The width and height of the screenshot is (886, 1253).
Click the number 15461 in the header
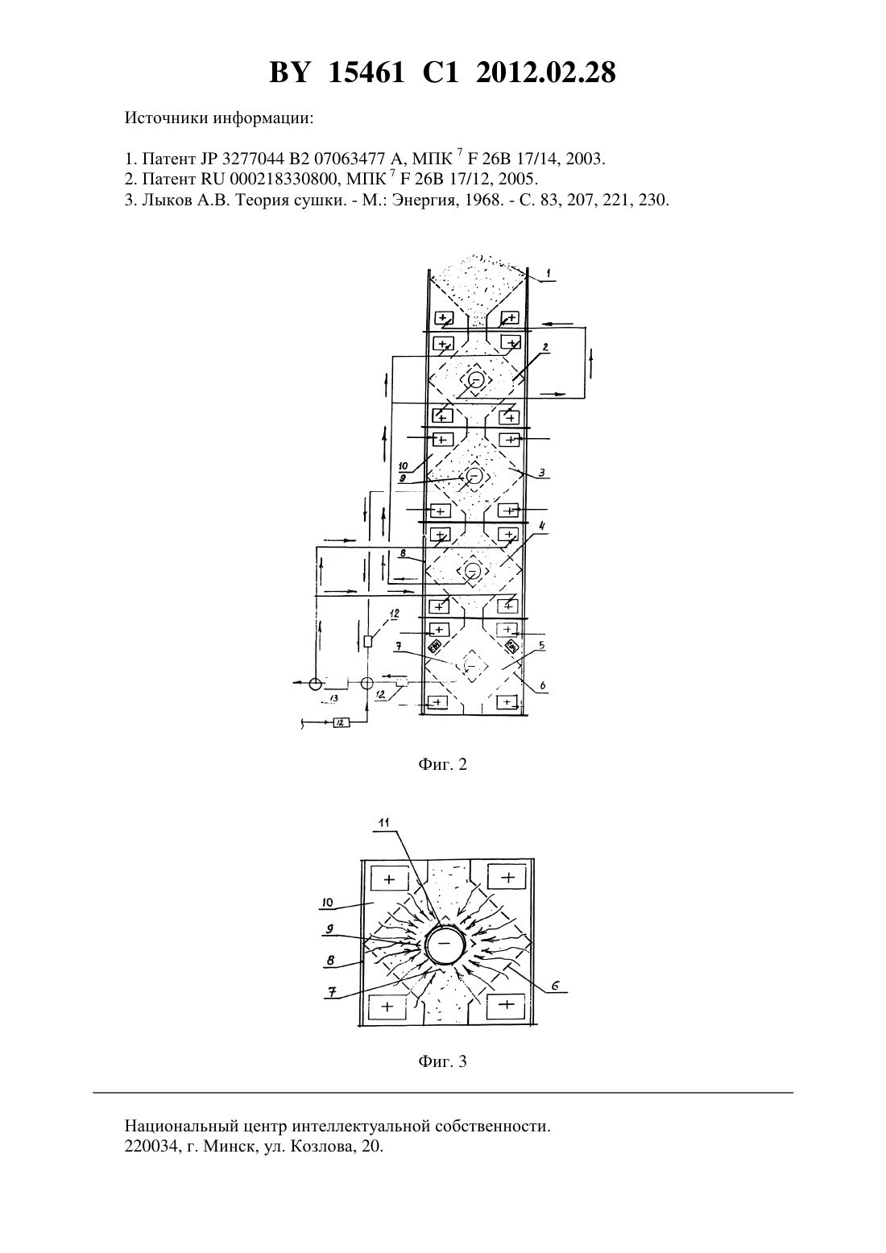point(366,72)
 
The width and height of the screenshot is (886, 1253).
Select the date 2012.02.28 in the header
point(546,72)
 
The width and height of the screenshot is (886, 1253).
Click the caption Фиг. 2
point(442,763)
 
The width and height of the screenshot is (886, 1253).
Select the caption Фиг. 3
point(442,1061)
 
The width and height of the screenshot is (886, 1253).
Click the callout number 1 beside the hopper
point(549,273)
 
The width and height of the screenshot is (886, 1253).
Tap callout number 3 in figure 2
point(541,473)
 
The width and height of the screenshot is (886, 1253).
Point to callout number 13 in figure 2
point(334,699)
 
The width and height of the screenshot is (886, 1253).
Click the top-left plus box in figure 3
point(390,879)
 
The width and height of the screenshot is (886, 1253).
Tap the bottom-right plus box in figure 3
point(506,1005)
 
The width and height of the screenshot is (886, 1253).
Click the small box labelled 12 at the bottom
point(342,722)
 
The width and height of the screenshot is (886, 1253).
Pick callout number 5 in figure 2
point(541,645)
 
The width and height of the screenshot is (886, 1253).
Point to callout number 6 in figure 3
point(555,986)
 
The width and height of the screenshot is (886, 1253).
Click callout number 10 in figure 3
point(327,902)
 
